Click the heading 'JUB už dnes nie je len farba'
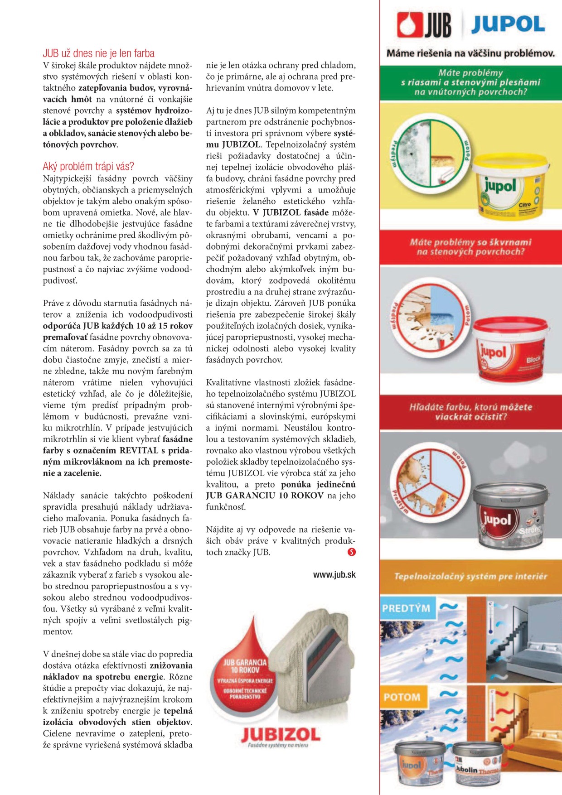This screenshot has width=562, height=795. click(x=99, y=53)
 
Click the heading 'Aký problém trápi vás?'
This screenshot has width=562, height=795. click(x=88, y=166)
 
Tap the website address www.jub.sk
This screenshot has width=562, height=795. click(x=334, y=575)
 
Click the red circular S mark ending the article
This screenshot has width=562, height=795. click(x=351, y=552)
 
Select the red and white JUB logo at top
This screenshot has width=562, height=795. click(x=424, y=25)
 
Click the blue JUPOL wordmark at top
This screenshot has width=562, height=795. click(x=508, y=24)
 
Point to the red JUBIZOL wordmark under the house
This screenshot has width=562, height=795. click(x=280, y=734)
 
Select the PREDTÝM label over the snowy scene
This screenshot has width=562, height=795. click(x=406, y=607)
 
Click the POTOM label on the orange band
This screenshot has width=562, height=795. click(x=402, y=697)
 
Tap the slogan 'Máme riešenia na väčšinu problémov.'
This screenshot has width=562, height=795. click(x=470, y=53)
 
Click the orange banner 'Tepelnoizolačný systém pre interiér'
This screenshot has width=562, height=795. click(x=470, y=576)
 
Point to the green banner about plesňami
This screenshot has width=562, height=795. click(x=470, y=82)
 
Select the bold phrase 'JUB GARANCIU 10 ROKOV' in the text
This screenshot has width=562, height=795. click(x=265, y=496)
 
